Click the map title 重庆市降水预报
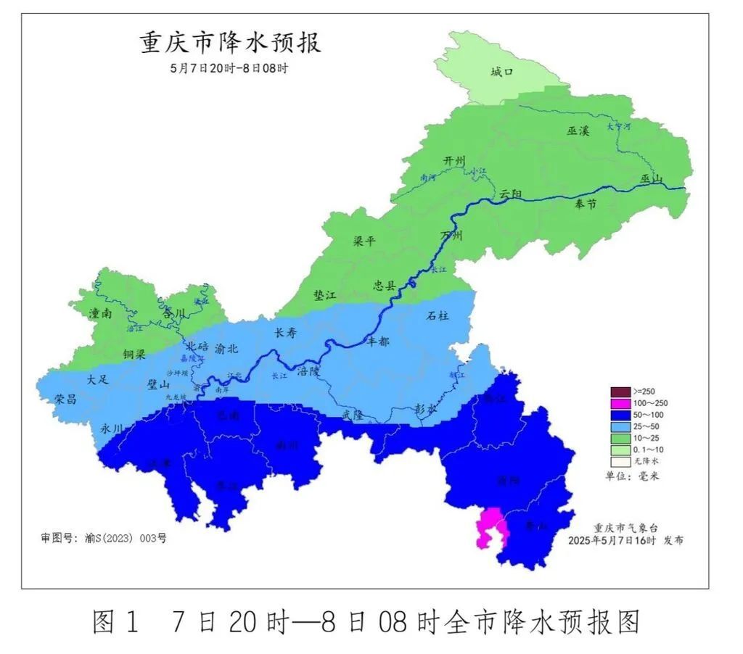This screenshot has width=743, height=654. pos(230,43)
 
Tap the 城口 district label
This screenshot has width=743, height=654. pos(501,72)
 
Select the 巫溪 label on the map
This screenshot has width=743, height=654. pos(578,131)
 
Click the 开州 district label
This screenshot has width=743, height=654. pos(454,161)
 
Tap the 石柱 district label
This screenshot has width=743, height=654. pos(438,315)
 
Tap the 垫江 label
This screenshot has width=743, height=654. pos(325,295)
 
